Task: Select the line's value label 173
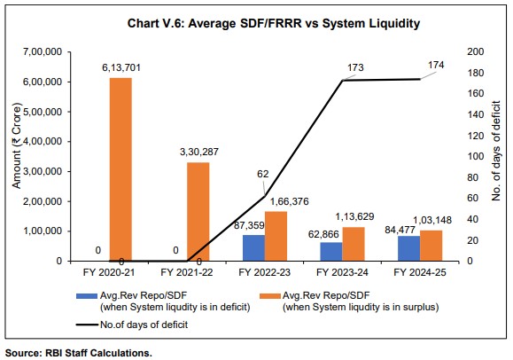357,67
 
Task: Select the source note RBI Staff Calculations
80,353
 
